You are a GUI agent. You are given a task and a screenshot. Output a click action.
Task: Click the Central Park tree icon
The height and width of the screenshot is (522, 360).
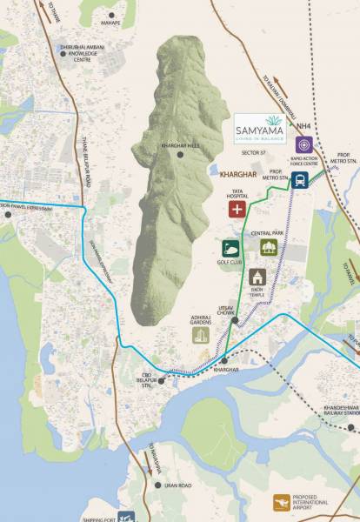point(268,248)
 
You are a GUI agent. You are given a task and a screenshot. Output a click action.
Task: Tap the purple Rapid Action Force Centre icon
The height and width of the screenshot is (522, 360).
point(303,144)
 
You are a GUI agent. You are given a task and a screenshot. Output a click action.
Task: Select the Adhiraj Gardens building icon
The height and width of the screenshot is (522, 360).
point(202,335)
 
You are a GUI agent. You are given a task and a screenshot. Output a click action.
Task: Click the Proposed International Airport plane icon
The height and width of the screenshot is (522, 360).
point(281,502)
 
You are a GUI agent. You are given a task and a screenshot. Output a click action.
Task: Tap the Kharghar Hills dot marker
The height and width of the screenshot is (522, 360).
point(181,155)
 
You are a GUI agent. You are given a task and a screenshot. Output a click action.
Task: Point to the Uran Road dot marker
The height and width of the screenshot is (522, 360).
point(158,485)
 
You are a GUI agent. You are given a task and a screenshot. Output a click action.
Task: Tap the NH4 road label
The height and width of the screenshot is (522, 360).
point(303,126)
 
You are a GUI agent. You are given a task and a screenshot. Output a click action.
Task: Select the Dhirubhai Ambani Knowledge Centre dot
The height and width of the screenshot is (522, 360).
point(63,54)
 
